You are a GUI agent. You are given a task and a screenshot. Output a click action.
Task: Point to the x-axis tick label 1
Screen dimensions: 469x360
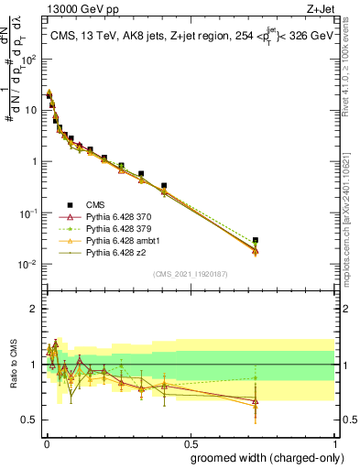(x=334, y=443)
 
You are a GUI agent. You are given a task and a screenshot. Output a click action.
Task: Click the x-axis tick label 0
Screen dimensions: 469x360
(x=45, y=443)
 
